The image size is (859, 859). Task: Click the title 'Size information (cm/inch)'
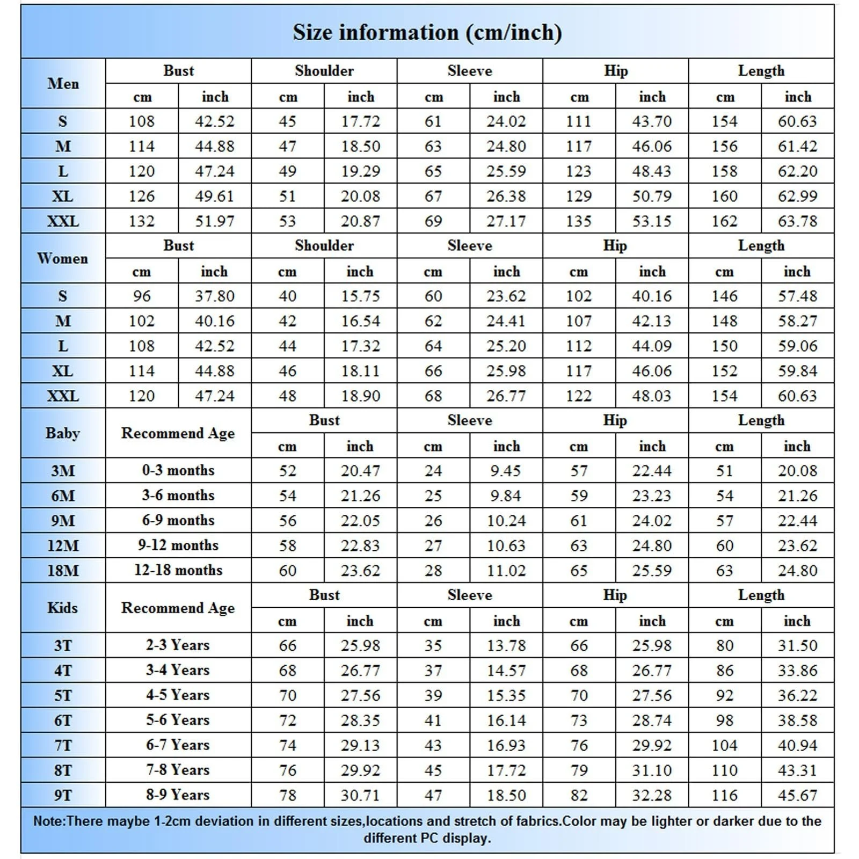(x=427, y=33)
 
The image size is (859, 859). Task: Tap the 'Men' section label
(x=63, y=84)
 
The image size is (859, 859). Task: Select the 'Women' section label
(x=63, y=258)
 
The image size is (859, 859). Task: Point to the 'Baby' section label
(x=63, y=433)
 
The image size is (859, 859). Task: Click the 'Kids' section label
(x=63, y=608)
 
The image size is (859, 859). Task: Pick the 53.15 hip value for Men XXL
(x=652, y=221)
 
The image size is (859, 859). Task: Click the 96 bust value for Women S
(x=142, y=296)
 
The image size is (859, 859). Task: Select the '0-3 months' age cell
(x=178, y=470)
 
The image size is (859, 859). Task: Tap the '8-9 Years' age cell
(x=178, y=795)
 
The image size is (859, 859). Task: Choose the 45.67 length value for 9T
(x=798, y=795)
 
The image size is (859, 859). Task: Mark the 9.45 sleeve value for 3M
(x=506, y=471)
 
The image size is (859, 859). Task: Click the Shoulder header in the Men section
(x=324, y=71)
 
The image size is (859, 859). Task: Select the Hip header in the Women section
(x=615, y=245)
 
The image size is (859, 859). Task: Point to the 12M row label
(x=63, y=545)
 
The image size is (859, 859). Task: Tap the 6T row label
(x=63, y=720)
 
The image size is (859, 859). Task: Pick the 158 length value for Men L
(x=724, y=171)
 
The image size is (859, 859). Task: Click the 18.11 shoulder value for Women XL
(x=360, y=371)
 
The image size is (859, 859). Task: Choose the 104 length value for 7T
(x=724, y=745)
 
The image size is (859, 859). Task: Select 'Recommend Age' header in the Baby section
(x=178, y=433)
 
